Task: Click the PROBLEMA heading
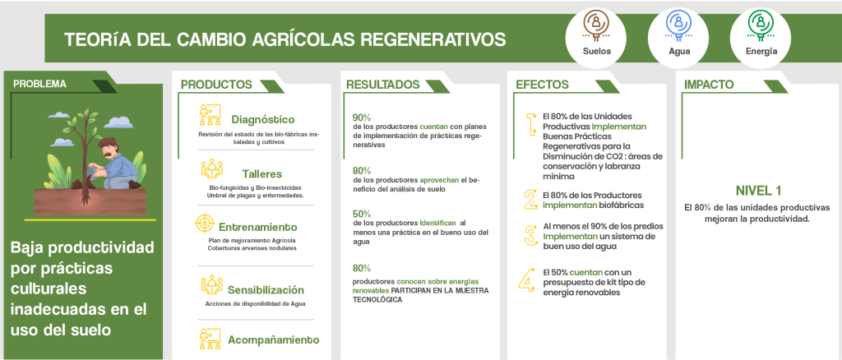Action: coord(39,84)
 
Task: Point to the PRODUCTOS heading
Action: coord(216,85)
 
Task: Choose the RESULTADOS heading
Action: coord(383,85)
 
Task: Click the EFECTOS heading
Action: coord(543,85)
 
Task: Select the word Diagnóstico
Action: coord(263,120)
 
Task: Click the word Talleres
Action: coord(262,173)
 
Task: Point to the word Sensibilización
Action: coord(266,289)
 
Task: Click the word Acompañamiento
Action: coord(273,339)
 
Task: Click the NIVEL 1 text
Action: coord(757,191)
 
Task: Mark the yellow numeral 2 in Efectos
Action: coord(530,200)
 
